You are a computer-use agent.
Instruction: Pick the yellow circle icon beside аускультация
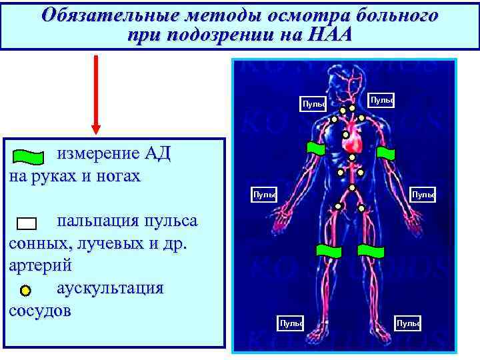coord(25,291)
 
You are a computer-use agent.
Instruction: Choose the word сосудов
coord(39,312)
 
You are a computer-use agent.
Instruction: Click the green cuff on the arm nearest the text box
coord(315,150)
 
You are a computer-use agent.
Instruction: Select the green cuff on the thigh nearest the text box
coord(328,251)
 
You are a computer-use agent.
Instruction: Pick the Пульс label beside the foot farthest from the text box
coord(407,323)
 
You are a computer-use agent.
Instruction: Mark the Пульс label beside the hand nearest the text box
coord(264,195)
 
